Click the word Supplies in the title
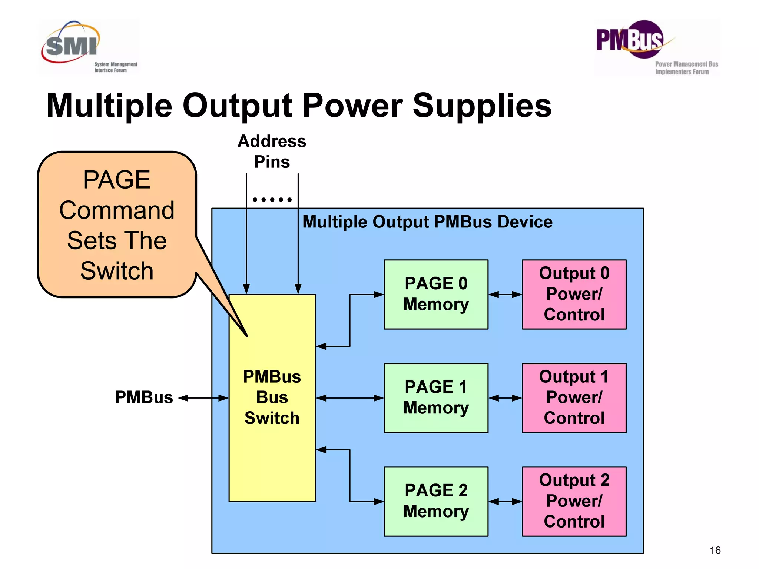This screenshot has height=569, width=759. (482, 106)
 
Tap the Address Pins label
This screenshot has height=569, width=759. (272, 152)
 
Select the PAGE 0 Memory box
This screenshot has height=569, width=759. (436, 295)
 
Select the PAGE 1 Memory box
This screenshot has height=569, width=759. (436, 398)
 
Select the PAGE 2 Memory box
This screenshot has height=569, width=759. (436, 501)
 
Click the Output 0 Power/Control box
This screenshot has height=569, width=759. (574, 295)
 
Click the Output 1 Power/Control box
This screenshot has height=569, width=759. (574, 398)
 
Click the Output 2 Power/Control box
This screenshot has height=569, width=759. (574, 501)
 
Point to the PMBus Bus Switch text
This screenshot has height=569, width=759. (272, 397)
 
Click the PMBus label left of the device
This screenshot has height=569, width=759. (144, 397)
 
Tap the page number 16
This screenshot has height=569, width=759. (715, 550)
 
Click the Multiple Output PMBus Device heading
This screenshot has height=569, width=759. (427, 222)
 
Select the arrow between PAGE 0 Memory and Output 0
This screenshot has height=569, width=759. (505, 295)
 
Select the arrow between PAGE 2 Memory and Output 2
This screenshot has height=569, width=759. (505, 502)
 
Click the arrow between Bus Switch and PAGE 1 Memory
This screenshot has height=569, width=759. (350, 398)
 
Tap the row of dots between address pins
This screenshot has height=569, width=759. (272, 200)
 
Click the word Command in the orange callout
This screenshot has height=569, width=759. (117, 210)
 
